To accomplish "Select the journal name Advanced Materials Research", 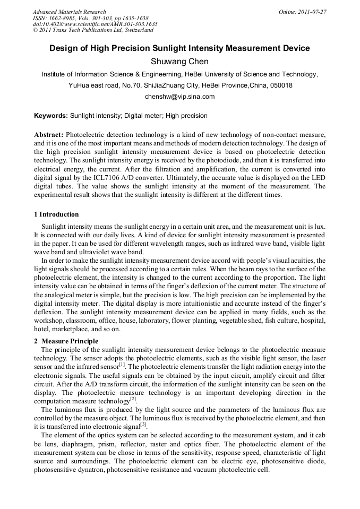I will click(x=70, y=12).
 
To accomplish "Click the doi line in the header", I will click(x=95, y=24).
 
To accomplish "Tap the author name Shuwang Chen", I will click(x=179, y=62).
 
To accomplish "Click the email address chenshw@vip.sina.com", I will click(x=179, y=97).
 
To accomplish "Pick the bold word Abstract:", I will click(x=49, y=135).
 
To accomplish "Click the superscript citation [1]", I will click(x=122, y=364).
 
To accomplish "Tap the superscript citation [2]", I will click(x=133, y=399).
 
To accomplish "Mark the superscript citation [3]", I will click(x=143, y=424).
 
